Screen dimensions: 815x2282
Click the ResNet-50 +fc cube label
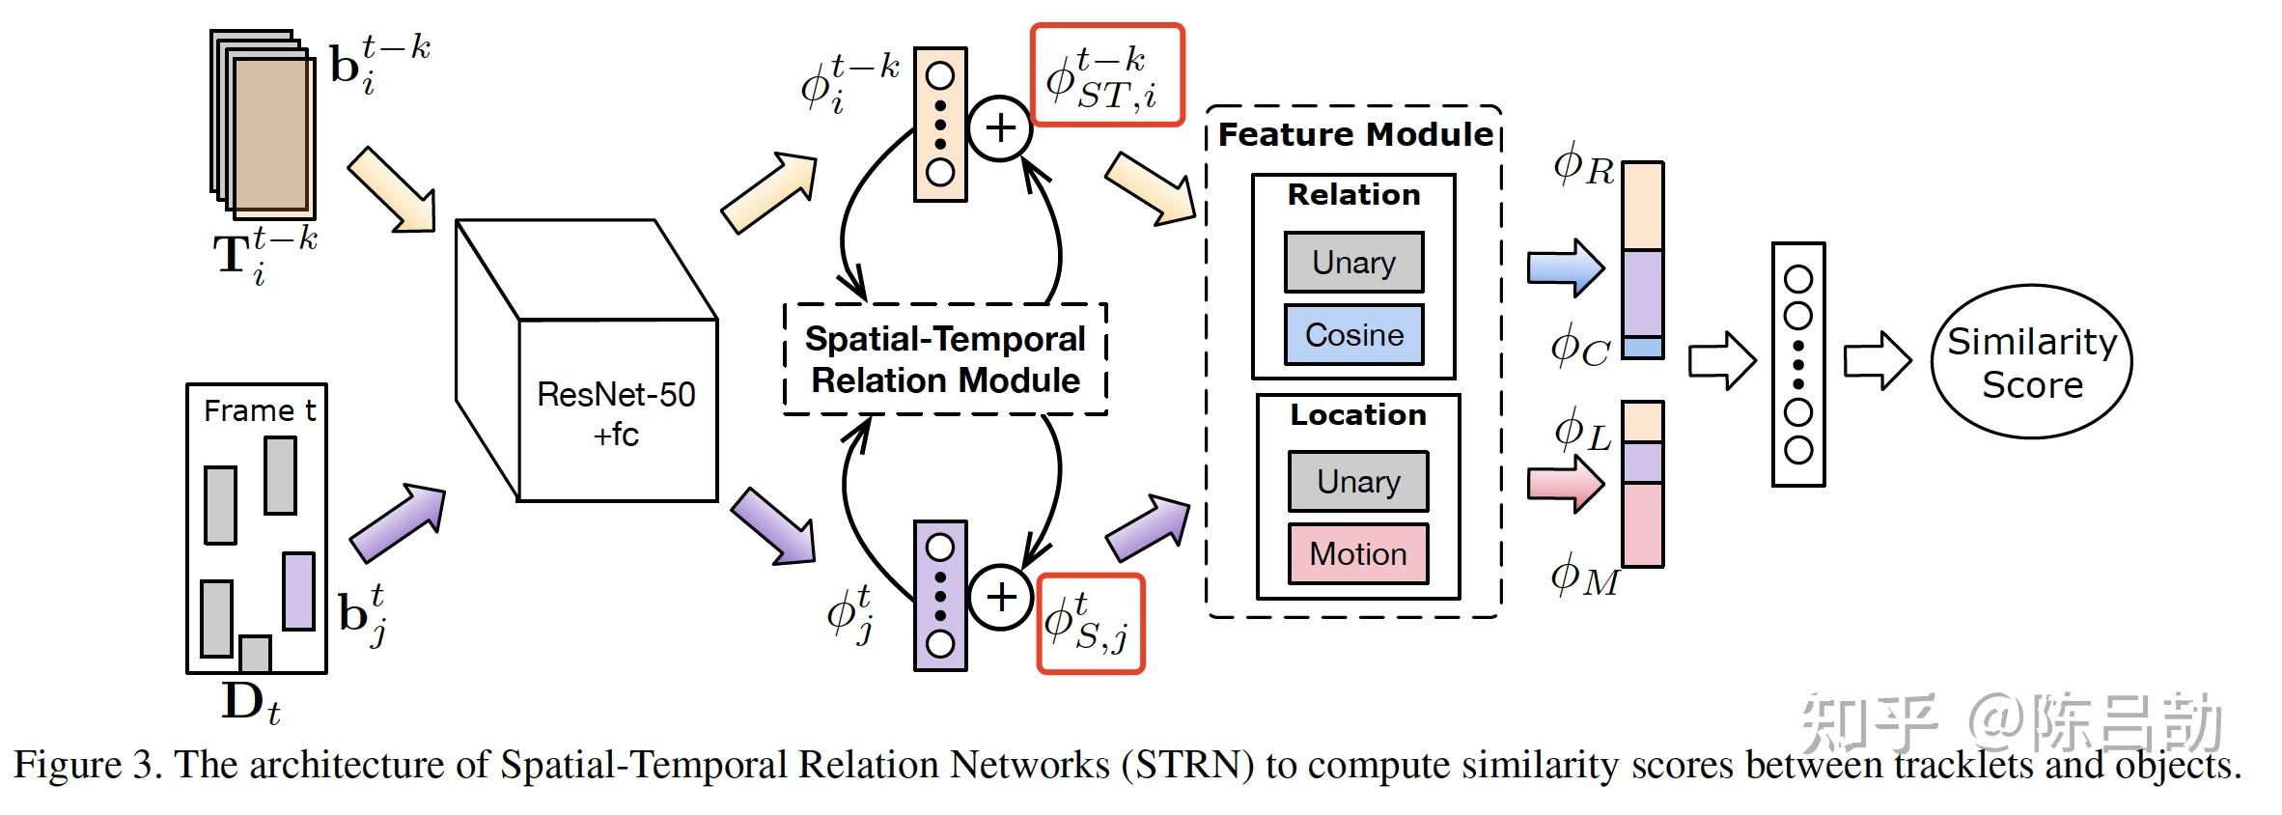pyautogui.click(x=616, y=413)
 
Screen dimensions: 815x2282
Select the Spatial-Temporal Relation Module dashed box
pyautogui.click(x=944, y=359)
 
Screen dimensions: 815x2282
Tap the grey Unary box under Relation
pyautogui.click(x=1353, y=262)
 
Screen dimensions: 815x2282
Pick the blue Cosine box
pyautogui.click(x=1353, y=335)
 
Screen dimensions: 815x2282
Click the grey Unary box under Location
pyautogui.click(x=1357, y=481)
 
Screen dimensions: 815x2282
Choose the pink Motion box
pyautogui.click(x=1357, y=553)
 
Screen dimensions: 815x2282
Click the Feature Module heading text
pyautogui.click(x=1355, y=134)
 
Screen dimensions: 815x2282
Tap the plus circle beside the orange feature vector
pyautogui.click(x=1000, y=128)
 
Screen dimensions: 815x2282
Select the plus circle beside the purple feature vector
pyautogui.click(x=1000, y=597)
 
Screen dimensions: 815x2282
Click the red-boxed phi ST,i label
pyautogui.click(x=1107, y=75)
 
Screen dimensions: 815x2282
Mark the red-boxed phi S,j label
pyautogui.click(x=1090, y=624)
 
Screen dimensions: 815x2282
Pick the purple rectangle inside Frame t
pyautogui.click(x=298, y=591)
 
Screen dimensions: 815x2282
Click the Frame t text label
pyautogui.click(x=259, y=410)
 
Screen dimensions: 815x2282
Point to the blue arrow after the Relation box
pyautogui.click(x=1565, y=267)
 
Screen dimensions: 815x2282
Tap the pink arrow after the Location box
pyautogui.click(x=1565, y=483)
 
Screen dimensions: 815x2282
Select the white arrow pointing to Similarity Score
pyautogui.click(x=1877, y=361)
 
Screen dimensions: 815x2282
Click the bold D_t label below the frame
pyautogui.click(x=250, y=704)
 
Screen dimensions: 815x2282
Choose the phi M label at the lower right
pyautogui.click(x=1583, y=577)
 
